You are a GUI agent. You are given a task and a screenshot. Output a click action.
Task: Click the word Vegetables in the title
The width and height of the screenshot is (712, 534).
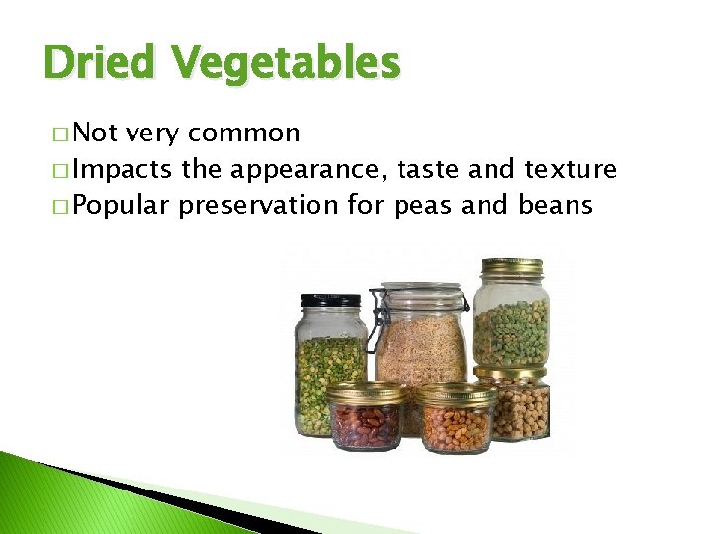tap(285, 64)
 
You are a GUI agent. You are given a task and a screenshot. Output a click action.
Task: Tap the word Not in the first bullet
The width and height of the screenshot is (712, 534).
tap(94, 133)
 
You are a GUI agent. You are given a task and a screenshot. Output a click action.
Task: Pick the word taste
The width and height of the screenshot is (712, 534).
tap(429, 170)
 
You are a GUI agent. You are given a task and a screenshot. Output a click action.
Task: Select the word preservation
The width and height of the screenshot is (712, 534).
tap(282, 207)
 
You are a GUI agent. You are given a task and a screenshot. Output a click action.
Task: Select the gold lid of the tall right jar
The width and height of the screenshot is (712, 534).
tap(510, 267)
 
